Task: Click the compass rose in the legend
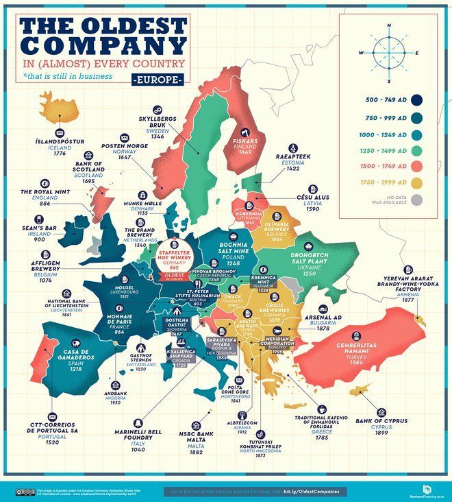[388, 53]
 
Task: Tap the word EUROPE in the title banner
[156, 80]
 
